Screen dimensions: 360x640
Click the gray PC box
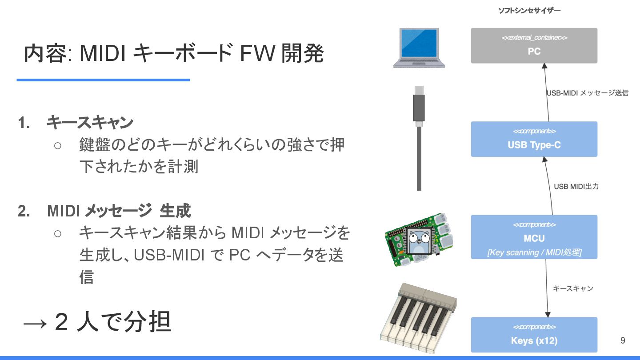(534, 46)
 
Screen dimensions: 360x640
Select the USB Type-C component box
(534, 139)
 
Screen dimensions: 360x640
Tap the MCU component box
(534, 237)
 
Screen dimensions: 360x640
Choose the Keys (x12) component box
(534, 335)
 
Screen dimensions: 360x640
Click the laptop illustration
(419, 48)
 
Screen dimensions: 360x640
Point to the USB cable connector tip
(419, 91)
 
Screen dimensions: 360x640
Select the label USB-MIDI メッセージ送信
(587, 93)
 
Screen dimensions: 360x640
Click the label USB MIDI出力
(576, 187)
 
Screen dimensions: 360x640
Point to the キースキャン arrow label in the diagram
(572, 289)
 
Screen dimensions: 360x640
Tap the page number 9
(622, 341)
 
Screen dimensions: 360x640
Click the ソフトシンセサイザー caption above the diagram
(529, 10)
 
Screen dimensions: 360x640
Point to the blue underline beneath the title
(103, 80)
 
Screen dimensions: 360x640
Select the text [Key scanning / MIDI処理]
(534, 252)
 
